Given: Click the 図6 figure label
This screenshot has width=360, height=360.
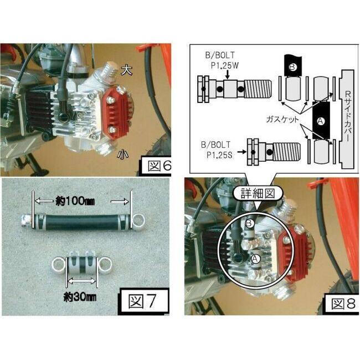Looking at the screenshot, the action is (x=158, y=166).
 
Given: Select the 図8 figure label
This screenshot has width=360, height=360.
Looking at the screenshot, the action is (x=343, y=304).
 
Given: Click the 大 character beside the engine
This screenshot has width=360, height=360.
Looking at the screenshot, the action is (x=127, y=70).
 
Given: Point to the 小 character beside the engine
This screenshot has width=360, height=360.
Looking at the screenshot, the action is (x=122, y=154).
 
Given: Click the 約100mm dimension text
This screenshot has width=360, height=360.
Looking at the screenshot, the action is (x=75, y=202).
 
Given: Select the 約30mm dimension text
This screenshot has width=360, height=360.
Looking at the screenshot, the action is (x=80, y=297).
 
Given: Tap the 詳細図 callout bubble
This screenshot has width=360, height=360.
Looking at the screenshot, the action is (x=258, y=193).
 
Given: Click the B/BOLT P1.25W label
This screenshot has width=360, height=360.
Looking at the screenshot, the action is (x=222, y=60).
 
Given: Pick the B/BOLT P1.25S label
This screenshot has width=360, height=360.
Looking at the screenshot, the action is (x=216, y=150).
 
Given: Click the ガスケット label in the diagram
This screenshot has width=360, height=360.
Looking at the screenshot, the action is (x=282, y=120).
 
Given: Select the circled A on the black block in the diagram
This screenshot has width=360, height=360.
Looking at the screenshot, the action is (x=321, y=121).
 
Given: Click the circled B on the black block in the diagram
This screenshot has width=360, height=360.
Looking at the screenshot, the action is (x=292, y=67).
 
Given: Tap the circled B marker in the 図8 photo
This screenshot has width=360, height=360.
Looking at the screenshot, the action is (x=250, y=223).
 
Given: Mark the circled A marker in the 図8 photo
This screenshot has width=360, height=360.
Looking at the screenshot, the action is (x=256, y=259).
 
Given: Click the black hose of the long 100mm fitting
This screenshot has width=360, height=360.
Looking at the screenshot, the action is (x=81, y=222).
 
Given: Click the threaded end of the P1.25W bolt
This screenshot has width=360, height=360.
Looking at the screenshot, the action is (x=258, y=89).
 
